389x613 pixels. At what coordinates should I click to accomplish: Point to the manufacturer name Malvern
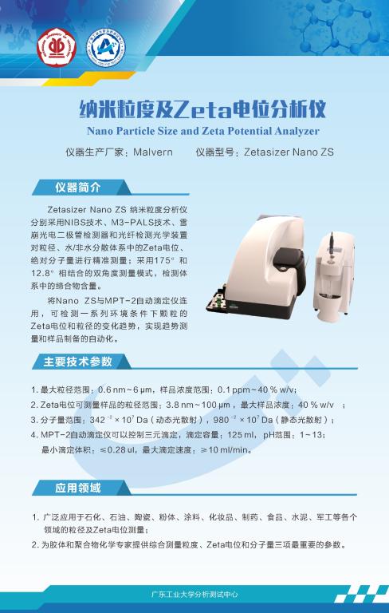point(159,152)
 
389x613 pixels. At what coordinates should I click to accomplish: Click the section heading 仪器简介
point(77,188)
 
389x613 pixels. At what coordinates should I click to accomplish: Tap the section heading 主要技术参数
point(77,362)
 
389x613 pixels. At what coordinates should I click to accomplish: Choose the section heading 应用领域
point(77,488)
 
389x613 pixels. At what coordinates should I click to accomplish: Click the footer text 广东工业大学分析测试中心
point(194,595)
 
